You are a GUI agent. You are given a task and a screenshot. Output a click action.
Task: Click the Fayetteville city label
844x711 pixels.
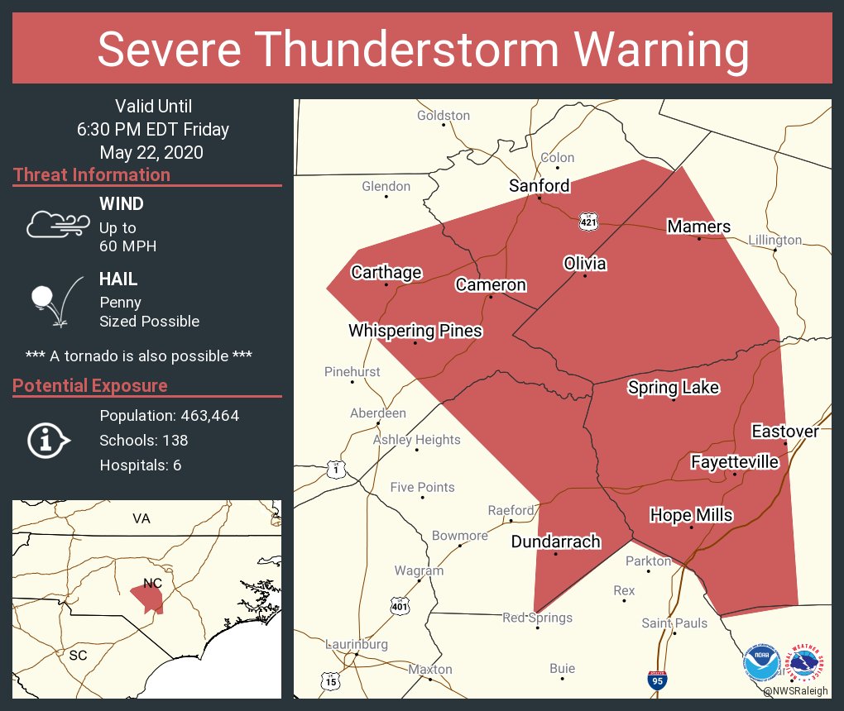coord(734,461)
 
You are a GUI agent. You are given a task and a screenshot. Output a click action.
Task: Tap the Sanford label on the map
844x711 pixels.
coord(539,185)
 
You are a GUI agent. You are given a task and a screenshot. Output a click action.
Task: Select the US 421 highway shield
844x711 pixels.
coord(587,222)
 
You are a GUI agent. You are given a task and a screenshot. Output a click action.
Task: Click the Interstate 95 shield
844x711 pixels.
coord(657,680)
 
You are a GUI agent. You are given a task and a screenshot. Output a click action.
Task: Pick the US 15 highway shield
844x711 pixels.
coord(331,680)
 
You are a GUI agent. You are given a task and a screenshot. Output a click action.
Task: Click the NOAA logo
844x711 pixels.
coord(761,663)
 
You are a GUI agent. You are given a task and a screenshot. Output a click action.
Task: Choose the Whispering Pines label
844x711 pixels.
coord(415,331)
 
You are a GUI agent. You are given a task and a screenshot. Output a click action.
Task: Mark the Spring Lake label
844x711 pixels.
coord(673,388)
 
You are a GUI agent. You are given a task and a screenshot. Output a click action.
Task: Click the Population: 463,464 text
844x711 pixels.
coord(169,416)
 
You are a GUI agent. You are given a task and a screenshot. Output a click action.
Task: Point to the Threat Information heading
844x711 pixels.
coord(92,175)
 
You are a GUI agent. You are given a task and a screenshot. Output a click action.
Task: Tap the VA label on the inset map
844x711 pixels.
coord(141,518)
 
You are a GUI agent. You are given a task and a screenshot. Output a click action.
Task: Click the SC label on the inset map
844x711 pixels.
coord(79,654)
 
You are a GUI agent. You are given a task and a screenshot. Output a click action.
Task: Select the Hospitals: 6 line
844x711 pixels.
coord(140,465)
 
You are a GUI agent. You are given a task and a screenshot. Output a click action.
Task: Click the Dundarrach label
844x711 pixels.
coord(555,542)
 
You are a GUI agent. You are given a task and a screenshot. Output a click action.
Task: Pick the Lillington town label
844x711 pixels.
coord(774,240)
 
